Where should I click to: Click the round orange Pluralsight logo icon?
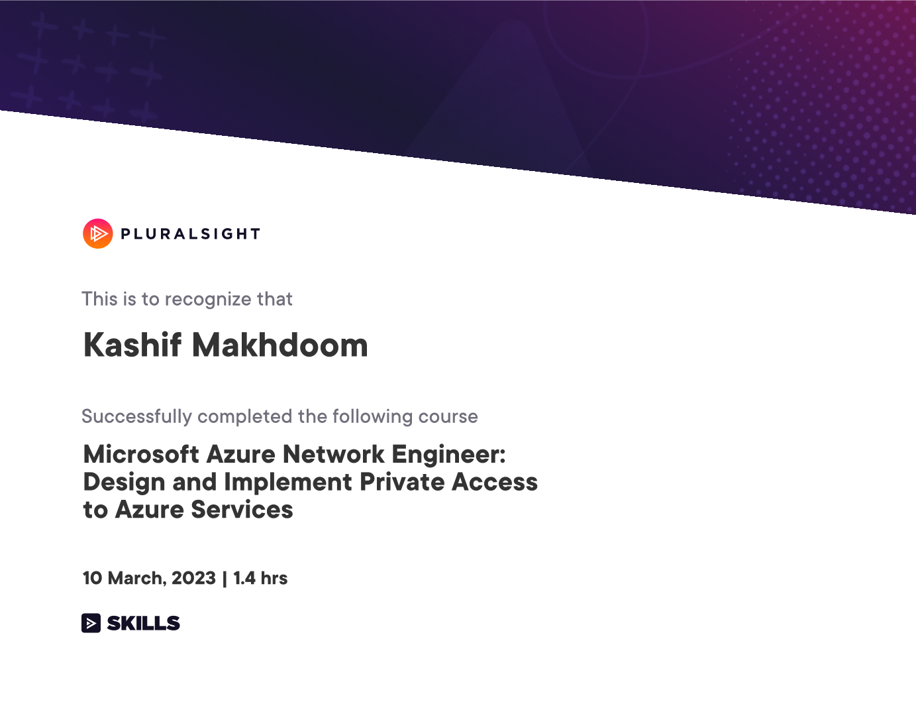(x=98, y=233)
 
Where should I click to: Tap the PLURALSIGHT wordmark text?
(x=191, y=234)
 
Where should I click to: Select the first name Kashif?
(x=132, y=345)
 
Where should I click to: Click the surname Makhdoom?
(x=280, y=345)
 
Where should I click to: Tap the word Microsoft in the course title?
(x=141, y=454)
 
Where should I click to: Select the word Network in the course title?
(x=333, y=454)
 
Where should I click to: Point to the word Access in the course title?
(x=495, y=482)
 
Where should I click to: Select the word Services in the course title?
(x=242, y=509)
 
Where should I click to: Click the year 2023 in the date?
(x=193, y=578)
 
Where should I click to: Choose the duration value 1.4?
(x=244, y=578)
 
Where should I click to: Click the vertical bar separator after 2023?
(x=225, y=579)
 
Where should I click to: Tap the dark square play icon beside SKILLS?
(x=91, y=623)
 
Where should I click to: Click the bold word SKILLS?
(x=143, y=623)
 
